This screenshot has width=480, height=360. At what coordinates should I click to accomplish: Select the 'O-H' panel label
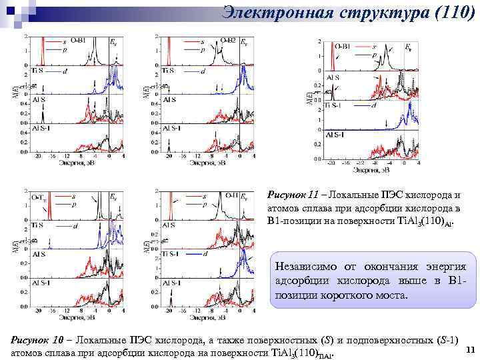[228, 195]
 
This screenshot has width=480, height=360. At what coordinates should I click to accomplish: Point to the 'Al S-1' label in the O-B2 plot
[172, 128]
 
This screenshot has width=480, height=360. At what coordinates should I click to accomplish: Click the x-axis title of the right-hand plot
[372, 169]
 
